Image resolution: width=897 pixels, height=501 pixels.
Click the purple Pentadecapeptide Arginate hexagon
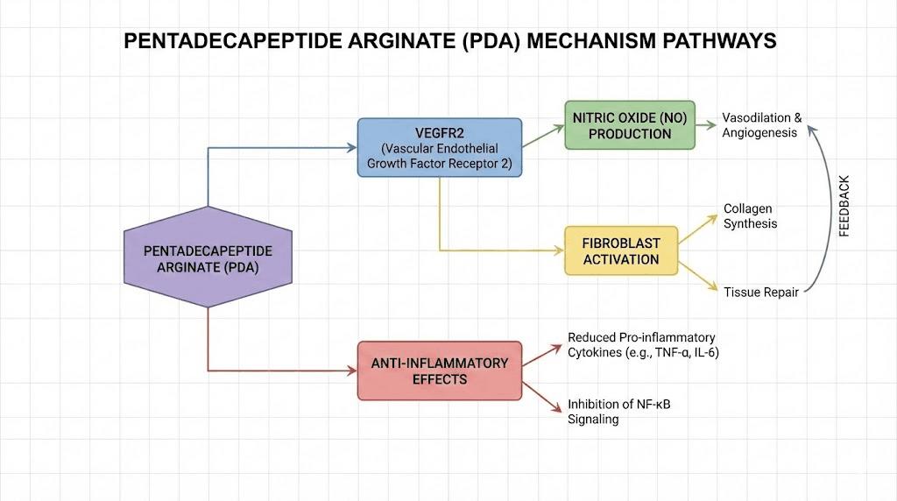click(208, 258)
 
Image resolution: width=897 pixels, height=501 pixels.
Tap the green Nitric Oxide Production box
click(630, 125)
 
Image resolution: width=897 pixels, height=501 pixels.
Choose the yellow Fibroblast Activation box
click(621, 250)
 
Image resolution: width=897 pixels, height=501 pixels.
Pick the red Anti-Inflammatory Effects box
click(439, 370)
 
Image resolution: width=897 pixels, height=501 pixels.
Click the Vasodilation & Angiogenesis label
click(760, 125)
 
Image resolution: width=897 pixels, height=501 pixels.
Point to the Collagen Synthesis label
click(750, 216)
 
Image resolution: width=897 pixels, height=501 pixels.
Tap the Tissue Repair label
click(760, 292)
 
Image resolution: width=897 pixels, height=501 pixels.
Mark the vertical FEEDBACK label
click(844, 207)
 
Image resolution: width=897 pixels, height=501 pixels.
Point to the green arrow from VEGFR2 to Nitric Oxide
click(543, 132)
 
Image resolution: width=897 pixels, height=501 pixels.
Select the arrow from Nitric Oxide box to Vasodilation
click(705, 125)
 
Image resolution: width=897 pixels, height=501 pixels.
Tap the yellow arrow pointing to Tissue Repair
click(699, 276)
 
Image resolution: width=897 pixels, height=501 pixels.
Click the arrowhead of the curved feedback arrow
click(811, 130)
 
